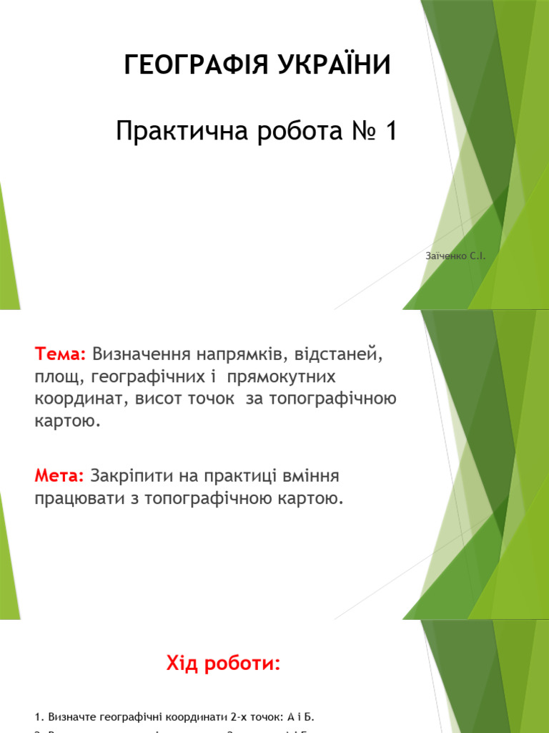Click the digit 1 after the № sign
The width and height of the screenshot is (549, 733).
point(389,132)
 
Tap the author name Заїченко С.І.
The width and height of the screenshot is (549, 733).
point(455,256)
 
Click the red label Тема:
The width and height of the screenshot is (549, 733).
point(61,354)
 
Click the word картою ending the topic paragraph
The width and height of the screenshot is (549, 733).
point(65,421)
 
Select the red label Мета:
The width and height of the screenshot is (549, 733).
point(59,476)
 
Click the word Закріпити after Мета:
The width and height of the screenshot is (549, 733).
point(134,476)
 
